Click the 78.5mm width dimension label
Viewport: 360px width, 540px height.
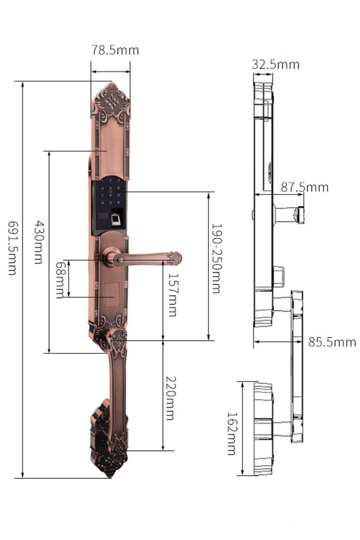click(115, 50)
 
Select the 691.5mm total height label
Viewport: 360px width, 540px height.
click(13, 248)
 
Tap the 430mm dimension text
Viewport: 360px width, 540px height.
click(38, 242)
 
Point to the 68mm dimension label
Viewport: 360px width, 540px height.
click(60, 279)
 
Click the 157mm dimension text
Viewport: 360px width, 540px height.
click(172, 295)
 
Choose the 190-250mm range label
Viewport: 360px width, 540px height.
click(216, 258)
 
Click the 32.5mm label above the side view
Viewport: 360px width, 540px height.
click(275, 64)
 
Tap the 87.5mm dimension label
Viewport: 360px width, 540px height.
click(305, 187)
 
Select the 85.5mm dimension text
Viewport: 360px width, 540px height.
click(332, 342)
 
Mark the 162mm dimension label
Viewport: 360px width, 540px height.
click(232, 433)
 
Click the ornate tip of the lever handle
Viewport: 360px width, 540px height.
click(175, 258)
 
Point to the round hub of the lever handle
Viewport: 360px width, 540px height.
click(110, 256)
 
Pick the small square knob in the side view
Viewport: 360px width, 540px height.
click(279, 277)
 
